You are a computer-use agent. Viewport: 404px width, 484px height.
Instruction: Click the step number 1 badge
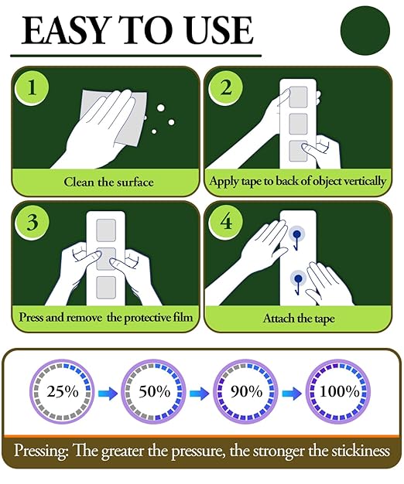point(32,87)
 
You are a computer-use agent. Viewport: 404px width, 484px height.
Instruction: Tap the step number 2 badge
point(225,87)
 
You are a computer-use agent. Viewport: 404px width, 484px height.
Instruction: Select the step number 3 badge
point(32,222)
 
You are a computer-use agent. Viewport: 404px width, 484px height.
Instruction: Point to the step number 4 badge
point(225,222)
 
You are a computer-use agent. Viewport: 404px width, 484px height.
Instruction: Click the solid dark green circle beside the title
point(365,30)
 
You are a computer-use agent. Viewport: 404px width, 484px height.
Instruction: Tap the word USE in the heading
point(220,30)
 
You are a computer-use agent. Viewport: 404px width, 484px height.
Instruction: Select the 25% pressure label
point(63,392)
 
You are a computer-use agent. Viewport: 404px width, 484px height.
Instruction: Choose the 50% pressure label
point(155,392)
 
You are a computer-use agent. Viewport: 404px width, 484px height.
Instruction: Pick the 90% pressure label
point(246,392)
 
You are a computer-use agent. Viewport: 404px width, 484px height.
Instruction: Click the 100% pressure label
point(339,392)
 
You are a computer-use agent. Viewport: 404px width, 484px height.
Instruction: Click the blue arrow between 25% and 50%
point(108,394)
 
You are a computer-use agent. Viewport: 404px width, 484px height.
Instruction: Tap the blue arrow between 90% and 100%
point(292,394)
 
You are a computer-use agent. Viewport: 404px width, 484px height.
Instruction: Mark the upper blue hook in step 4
point(296,239)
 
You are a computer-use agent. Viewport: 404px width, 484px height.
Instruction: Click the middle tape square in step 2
point(298,124)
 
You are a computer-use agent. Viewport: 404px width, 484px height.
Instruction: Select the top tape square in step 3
point(106,230)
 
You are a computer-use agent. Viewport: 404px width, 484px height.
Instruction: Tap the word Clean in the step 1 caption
point(79,182)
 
